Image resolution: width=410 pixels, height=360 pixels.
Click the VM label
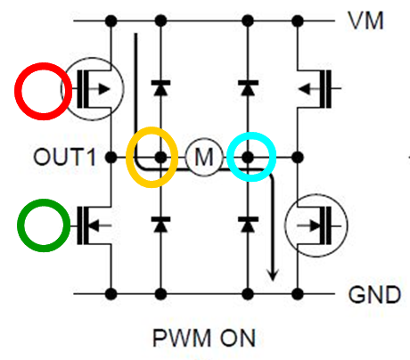coord(365,20)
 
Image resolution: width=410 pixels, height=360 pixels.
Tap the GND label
coord(374,295)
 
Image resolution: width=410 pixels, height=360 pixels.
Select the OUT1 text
coord(64,157)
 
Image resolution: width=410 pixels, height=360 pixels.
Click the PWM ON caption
coord(204,338)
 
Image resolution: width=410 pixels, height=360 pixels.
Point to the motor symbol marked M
coord(204,157)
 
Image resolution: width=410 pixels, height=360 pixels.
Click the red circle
coord(44,62)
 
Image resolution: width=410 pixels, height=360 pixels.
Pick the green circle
coord(44,200)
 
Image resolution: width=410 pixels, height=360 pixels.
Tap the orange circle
coord(152,127)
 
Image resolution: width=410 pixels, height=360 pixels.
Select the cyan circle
coord(251,133)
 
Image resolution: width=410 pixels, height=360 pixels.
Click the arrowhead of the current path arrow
coord(273,275)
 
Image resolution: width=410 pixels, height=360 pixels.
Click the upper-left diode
coord(160,87)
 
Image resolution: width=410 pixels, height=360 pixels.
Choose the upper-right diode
coord(248,87)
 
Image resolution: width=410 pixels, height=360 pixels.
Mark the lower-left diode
coord(160,225)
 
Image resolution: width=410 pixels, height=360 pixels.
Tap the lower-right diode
coord(248,225)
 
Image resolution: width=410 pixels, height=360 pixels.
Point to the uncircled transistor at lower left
coord(91,225)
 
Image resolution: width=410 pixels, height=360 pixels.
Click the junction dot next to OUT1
coord(111,157)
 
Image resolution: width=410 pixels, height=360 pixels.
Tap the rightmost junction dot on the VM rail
coord(298,20)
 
